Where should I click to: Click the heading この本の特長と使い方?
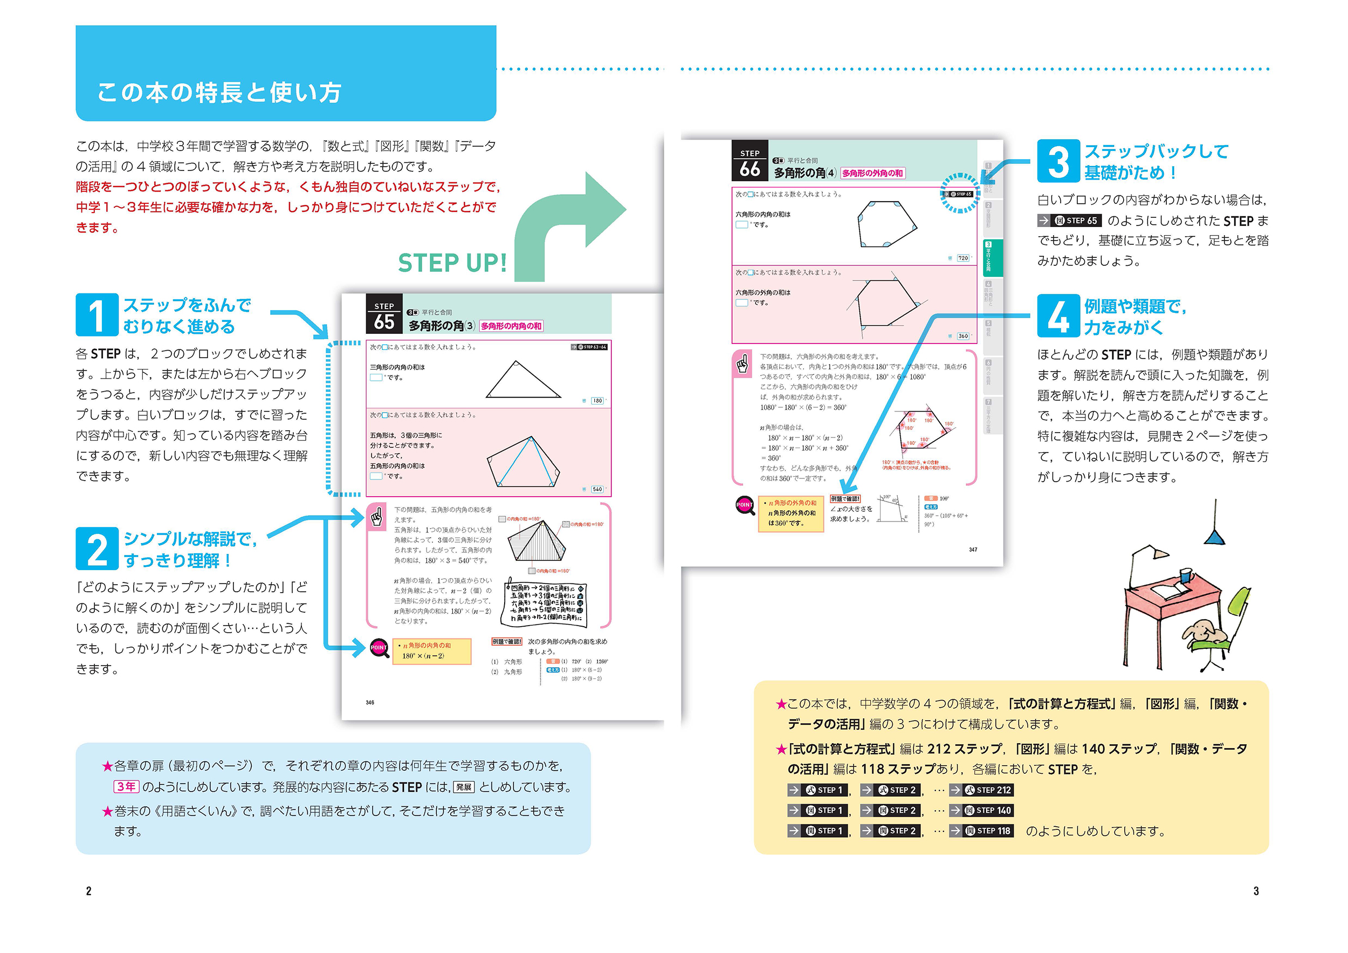[x=219, y=92]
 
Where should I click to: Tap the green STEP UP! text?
[x=452, y=263]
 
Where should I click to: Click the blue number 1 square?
[x=97, y=315]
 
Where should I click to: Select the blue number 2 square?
[x=97, y=549]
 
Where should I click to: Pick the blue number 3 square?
[x=1058, y=161]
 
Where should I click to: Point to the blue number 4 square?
[x=1058, y=316]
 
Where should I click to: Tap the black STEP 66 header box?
[x=749, y=161]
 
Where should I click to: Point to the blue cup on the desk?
[x=1185, y=575]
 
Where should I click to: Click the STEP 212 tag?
[x=988, y=790]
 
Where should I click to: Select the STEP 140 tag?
[x=988, y=810]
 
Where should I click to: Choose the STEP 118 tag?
[x=988, y=831]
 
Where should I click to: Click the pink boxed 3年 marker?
[x=126, y=787]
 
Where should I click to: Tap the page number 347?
[x=973, y=550]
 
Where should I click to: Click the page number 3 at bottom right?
[x=1256, y=891]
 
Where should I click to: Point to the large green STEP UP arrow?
[x=563, y=223]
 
